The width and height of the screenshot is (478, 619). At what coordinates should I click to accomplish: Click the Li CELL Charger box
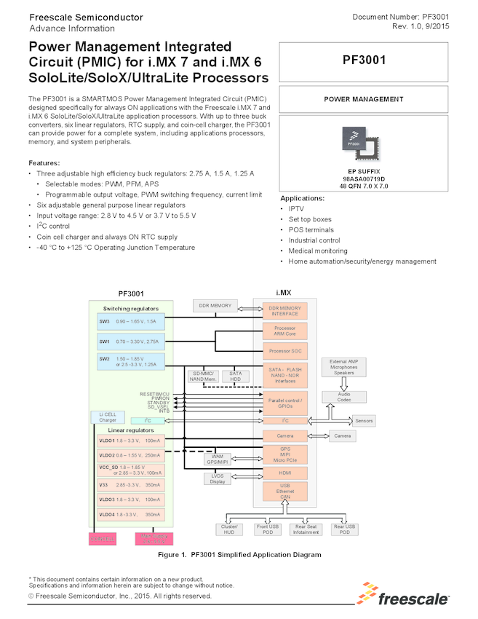107,417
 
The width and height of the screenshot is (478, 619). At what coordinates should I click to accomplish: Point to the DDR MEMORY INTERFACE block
284,312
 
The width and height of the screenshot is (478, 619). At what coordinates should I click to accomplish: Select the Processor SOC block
284,351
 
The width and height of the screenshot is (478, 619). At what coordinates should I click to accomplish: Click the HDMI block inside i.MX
284,472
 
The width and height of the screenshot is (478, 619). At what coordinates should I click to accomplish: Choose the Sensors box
364,421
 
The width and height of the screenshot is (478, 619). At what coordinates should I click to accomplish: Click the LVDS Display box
218,478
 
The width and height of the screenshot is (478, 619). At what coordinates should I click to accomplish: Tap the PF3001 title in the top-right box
363,60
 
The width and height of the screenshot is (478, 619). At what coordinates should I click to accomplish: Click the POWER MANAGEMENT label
363,99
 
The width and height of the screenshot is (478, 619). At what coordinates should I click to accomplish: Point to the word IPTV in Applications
296,208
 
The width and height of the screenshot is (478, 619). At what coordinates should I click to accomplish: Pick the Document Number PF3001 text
399,16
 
